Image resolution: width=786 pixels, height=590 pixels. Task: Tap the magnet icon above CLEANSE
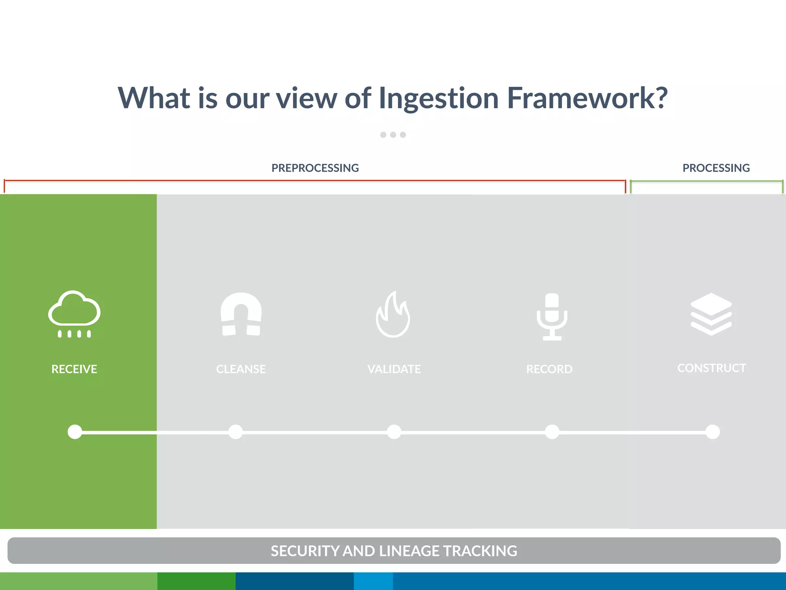[241, 314]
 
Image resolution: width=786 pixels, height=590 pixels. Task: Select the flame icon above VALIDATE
[393, 315]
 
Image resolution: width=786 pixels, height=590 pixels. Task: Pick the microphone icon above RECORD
[552, 317]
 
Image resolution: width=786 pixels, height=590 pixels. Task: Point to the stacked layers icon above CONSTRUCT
[711, 314]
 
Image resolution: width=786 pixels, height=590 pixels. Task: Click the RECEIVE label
[74, 369]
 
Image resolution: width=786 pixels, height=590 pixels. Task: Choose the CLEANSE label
[241, 369]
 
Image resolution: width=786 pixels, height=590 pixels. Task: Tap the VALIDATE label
[394, 369]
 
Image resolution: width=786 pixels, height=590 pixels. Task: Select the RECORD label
[549, 369]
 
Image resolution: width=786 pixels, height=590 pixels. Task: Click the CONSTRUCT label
[712, 368]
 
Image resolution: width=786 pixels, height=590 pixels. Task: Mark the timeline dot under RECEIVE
[75, 432]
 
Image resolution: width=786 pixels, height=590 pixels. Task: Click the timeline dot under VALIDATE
[394, 432]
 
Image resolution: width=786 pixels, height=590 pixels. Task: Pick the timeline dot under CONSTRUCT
[713, 432]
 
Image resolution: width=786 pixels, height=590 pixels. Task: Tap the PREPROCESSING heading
[315, 168]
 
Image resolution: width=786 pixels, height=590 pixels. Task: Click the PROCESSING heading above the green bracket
[716, 168]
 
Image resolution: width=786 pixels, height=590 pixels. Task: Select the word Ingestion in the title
[438, 99]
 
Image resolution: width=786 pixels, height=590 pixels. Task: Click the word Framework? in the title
[587, 98]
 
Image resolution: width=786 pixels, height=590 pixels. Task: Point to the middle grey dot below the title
[393, 135]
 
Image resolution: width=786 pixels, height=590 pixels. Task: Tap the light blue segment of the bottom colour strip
[373, 581]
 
